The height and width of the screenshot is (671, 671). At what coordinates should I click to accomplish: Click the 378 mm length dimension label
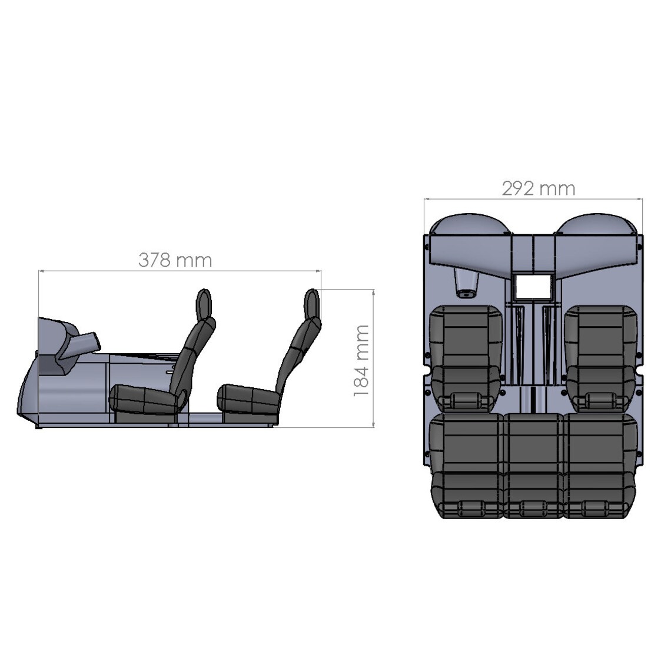click(175, 260)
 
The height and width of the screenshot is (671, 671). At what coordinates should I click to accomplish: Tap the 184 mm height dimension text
click(361, 360)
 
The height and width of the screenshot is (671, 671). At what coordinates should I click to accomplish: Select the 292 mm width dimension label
click(538, 188)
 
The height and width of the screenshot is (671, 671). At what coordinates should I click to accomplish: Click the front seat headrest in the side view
click(204, 303)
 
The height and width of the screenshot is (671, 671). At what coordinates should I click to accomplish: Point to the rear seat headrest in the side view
click(311, 302)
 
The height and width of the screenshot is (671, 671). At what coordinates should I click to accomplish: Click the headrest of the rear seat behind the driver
click(469, 507)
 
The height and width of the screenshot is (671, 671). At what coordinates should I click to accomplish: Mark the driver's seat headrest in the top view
click(469, 400)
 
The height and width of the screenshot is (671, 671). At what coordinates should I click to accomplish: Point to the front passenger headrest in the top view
click(600, 400)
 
